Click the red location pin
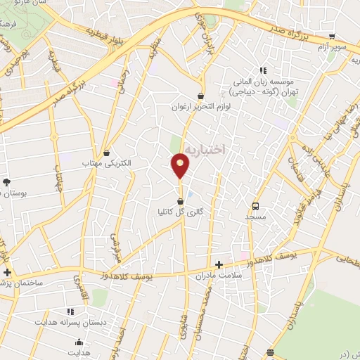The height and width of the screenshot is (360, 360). coord(181,166)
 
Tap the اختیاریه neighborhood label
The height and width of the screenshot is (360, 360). coord(205,149)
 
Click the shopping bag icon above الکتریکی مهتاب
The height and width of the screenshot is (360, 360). coord(106,153)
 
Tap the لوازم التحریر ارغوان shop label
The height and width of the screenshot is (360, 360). coord(201,106)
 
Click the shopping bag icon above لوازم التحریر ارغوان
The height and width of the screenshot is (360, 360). coord(201,96)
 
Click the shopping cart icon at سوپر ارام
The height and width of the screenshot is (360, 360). coord(333,37)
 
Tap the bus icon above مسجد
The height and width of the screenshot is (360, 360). coord(255,207)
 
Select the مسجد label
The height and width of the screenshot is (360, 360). coord(255,217)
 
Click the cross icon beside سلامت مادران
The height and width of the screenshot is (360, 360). coord(219,265)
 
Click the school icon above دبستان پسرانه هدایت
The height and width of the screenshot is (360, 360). coord(70,310)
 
